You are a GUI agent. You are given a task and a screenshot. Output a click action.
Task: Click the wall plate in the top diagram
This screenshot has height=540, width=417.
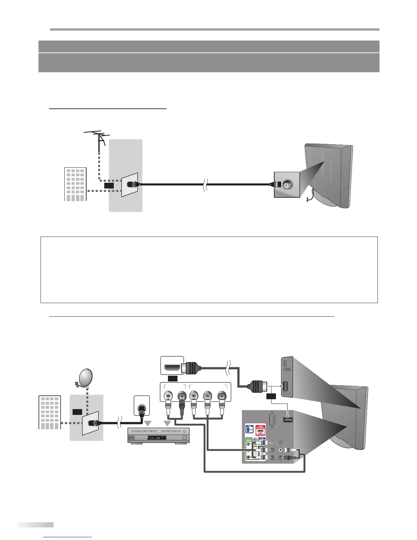tap(129, 184)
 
